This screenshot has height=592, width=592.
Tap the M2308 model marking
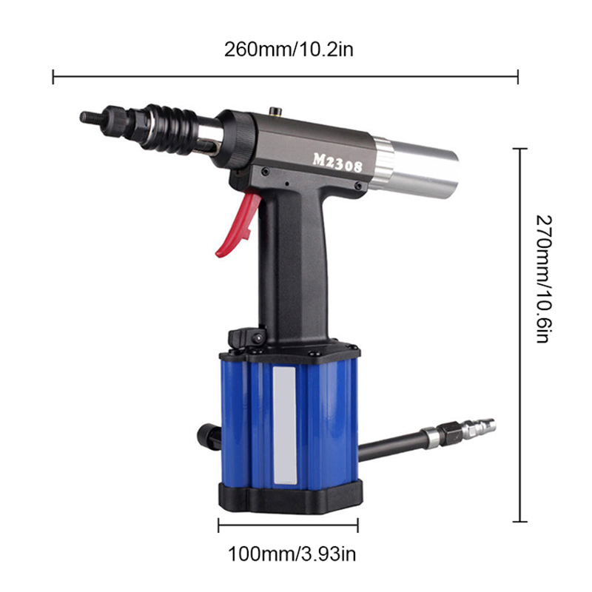click(337, 161)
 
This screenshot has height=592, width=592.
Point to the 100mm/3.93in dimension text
click(288, 552)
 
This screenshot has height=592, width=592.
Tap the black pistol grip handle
click(292, 266)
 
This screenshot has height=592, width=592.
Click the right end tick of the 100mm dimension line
click(358, 525)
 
